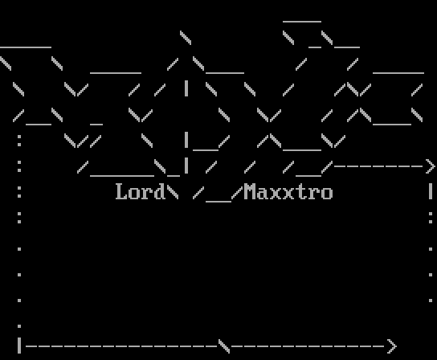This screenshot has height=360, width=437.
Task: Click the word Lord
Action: coord(141,191)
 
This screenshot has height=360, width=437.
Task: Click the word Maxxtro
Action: coord(288,191)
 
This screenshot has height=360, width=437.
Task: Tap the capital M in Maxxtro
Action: coord(250,191)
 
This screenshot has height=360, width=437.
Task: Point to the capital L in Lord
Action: coord(121,191)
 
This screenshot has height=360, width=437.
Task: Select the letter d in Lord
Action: coord(160,191)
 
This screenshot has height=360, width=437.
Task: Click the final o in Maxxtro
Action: coord(327,194)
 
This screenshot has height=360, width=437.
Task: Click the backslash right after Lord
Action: coord(173,191)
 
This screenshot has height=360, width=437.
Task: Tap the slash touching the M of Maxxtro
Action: coord(237,192)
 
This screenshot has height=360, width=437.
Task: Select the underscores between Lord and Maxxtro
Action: coord(218,202)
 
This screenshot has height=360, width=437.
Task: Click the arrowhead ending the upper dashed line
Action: coord(431,166)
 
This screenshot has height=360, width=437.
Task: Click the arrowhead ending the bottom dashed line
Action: coord(391,346)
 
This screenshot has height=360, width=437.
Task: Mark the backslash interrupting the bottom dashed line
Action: coord(224,346)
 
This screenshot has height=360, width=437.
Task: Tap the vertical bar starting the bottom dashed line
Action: coord(19,346)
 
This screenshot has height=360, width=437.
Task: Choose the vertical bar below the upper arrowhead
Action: coord(431,191)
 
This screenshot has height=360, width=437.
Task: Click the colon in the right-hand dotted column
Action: coord(431,218)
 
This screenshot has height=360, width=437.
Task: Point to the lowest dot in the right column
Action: coord(431,301)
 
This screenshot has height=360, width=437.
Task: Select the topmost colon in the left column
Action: coord(19,141)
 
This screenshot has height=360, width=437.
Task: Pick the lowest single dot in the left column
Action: coord(19,326)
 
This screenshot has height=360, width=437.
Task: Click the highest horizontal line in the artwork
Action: coord(302,22)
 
